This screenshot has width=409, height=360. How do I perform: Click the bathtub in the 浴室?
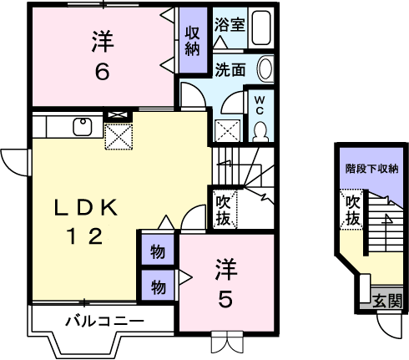tap(260, 28)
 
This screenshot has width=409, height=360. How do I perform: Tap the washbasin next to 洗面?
tap(265, 68)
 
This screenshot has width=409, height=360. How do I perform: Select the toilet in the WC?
tap(260, 131)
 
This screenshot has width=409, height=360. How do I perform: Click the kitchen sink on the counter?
tap(83, 126)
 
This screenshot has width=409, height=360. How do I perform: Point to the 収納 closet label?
tap(193, 41)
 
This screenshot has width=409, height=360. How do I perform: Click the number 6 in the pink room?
tap(102, 72)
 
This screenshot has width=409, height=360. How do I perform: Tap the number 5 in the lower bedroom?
tap(225, 300)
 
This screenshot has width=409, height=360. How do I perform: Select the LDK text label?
tap(85, 207)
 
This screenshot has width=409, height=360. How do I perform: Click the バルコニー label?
tap(104, 322)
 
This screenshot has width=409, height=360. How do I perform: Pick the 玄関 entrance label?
tap(387, 301)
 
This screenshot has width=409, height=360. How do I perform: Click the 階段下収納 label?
tap(371, 169)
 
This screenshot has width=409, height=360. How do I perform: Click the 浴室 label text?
tap(230, 24)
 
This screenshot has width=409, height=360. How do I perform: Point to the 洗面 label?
tap(230, 69)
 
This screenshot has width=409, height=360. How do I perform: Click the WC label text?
tap(260, 105)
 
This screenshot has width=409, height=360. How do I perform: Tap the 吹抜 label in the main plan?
tap(223, 210)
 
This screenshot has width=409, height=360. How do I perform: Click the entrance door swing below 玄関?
tap(391, 326)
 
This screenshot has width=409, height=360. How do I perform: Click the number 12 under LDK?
tap(85, 236)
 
